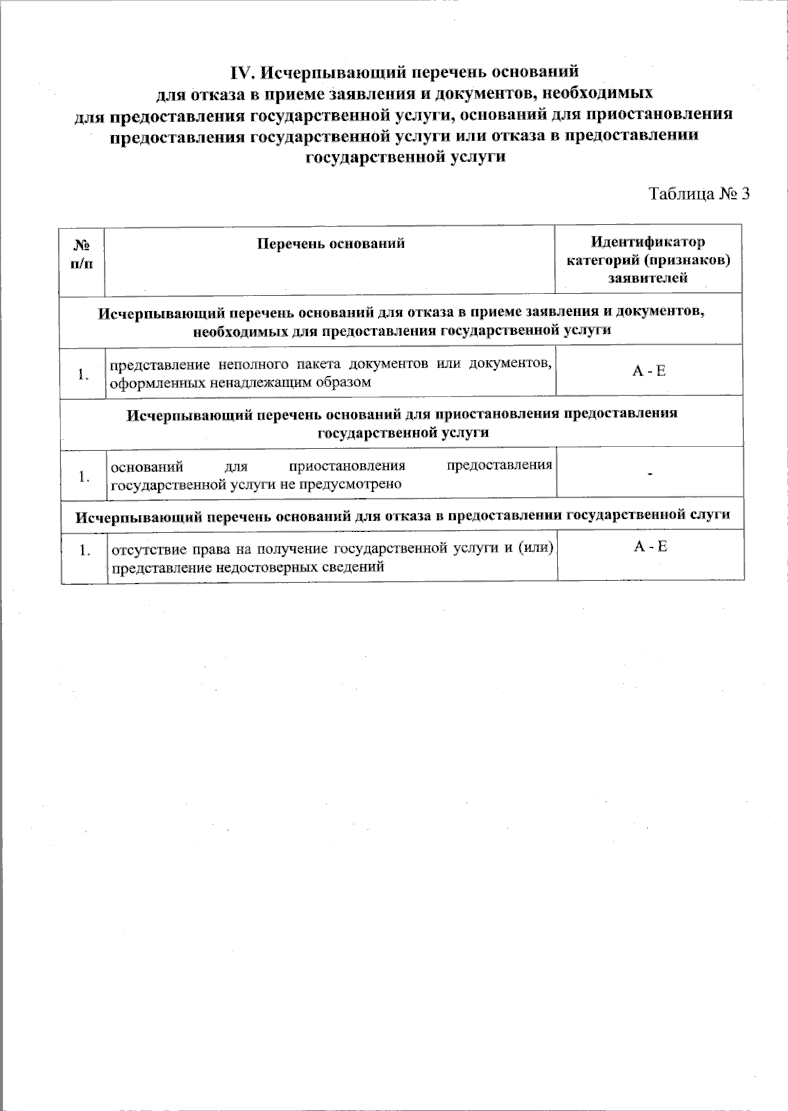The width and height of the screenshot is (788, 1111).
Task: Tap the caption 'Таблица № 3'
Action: pos(699,194)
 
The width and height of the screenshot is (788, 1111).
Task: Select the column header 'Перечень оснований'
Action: pos(330,244)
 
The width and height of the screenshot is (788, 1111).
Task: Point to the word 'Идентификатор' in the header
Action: pos(648,242)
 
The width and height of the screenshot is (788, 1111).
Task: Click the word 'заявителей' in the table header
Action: pos(648,278)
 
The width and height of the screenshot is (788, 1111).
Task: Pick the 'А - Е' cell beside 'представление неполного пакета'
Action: pos(649,372)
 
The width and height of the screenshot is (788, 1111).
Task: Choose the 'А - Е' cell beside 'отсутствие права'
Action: pos(650,546)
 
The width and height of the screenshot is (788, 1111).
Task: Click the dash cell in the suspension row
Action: pos(649,473)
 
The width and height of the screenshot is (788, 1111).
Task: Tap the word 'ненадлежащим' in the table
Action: pos(249,382)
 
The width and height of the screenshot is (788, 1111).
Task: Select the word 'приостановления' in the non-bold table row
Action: pos(347,466)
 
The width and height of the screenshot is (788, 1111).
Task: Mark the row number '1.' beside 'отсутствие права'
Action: pos(83,550)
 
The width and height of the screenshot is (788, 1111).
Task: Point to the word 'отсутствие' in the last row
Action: pos(145,550)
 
